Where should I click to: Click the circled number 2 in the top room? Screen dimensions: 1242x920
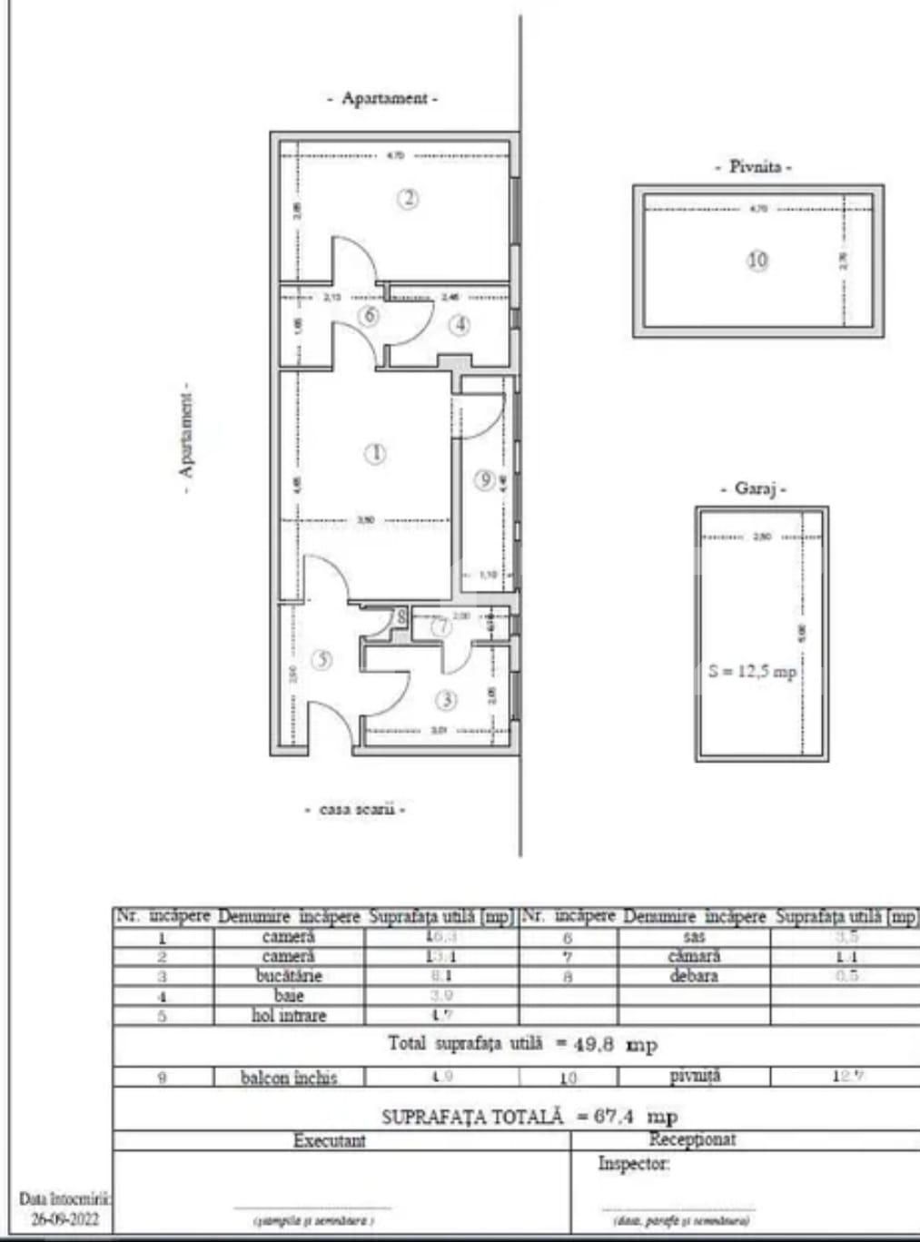(x=409, y=198)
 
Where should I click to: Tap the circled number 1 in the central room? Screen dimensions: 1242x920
(x=374, y=453)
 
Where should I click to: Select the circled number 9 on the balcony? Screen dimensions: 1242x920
(x=486, y=478)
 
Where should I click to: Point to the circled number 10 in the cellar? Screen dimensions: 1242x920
(x=757, y=261)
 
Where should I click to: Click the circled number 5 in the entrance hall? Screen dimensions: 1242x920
(x=322, y=660)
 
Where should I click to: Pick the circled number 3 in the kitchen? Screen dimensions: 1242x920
(x=446, y=700)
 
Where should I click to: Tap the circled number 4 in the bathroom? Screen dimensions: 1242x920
(x=460, y=323)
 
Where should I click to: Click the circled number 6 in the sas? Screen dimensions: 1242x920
(x=369, y=316)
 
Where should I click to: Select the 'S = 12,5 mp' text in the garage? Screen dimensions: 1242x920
(x=752, y=672)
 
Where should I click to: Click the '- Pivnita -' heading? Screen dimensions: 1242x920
(x=754, y=167)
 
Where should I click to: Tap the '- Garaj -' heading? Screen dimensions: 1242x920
(x=760, y=488)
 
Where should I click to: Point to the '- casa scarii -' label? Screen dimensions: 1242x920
(x=354, y=809)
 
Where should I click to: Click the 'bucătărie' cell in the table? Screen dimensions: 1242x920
(x=289, y=976)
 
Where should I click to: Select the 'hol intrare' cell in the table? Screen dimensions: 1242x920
(x=289, y=1015)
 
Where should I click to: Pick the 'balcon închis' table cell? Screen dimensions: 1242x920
(x=289, y=1078)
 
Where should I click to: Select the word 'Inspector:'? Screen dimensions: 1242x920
(x=633, y=1164)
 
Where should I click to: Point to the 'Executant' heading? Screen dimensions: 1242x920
(x=329, y=1140)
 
